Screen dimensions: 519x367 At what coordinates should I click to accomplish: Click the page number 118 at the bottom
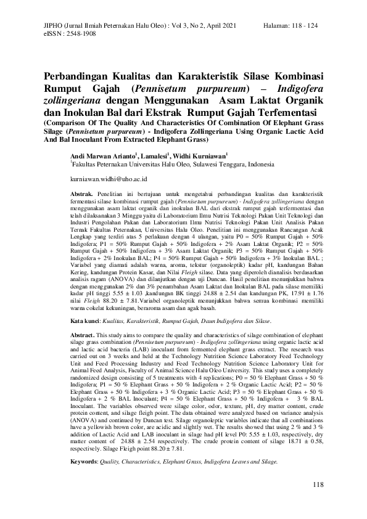[318, 486]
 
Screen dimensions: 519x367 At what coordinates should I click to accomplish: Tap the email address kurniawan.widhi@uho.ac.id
[109, 178]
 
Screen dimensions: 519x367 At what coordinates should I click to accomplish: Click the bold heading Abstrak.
[82, 194]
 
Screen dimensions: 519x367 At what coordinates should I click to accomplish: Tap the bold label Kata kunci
[85, 322]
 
